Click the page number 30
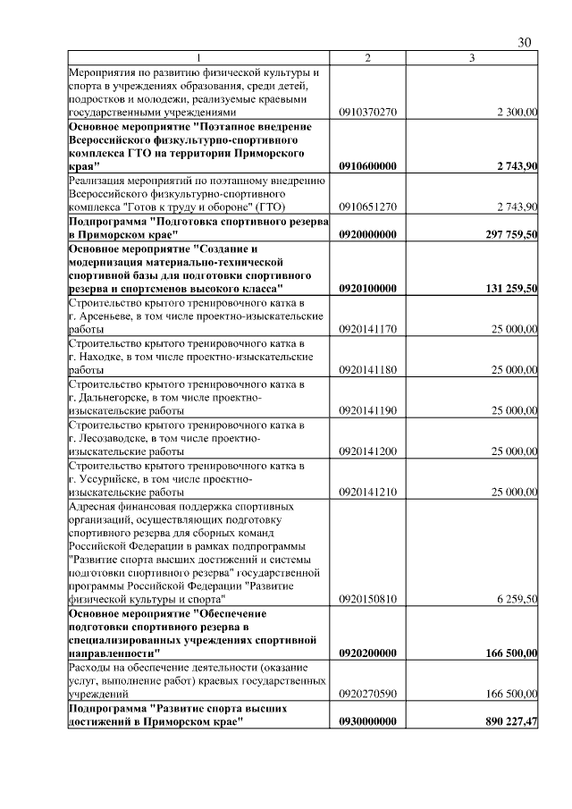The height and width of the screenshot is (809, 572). click(525, 43)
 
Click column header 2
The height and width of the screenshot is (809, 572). click(367, 58)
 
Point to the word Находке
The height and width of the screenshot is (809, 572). click(105, 357)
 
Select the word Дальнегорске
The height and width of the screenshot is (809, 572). click(119, 397)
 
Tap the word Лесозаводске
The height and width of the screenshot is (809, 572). click(118, 438)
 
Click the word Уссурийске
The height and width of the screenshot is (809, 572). click(113, 478)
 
